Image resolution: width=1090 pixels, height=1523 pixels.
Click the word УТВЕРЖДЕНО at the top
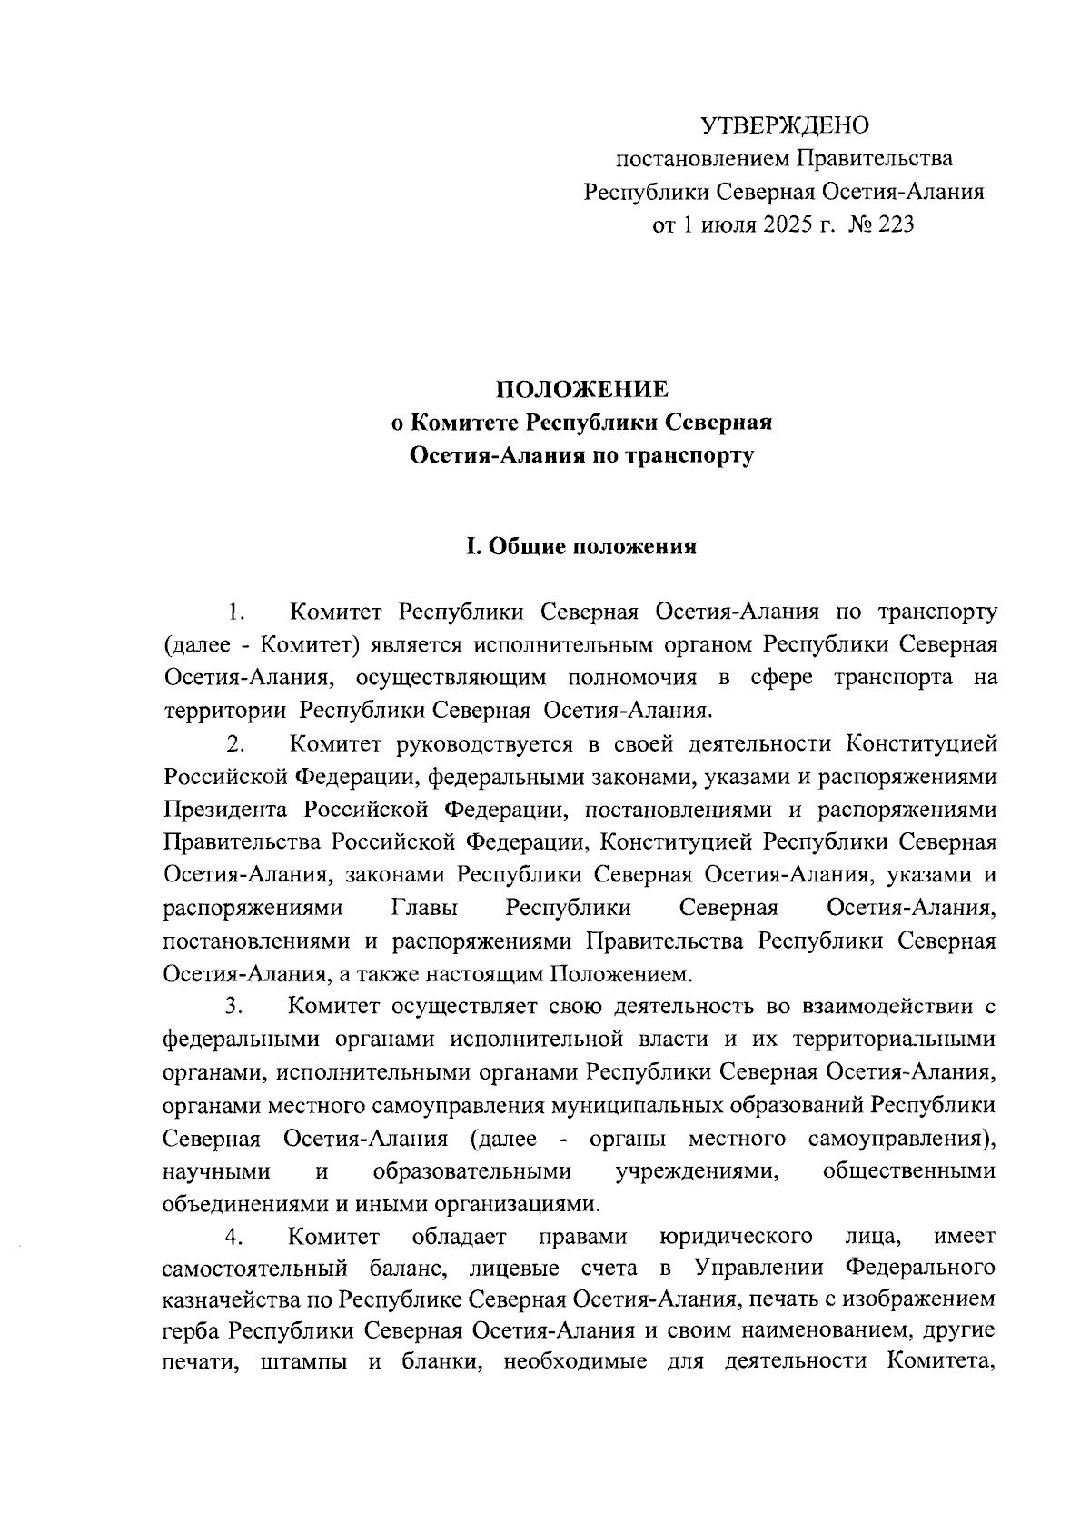tap(785, 124)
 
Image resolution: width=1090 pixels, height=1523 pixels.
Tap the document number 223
tap(895, 224)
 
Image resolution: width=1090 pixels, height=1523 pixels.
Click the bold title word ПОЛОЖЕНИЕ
tap(581, 390)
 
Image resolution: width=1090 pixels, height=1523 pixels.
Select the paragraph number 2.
tap(237, 745)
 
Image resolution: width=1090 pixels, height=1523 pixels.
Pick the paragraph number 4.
tap(237, 1236)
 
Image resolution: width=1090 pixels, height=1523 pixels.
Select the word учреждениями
tap(698, 1171)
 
